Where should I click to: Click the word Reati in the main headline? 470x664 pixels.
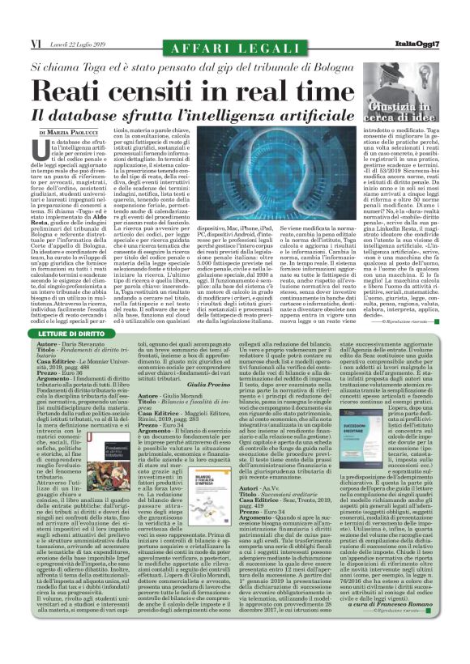[79, 90]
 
